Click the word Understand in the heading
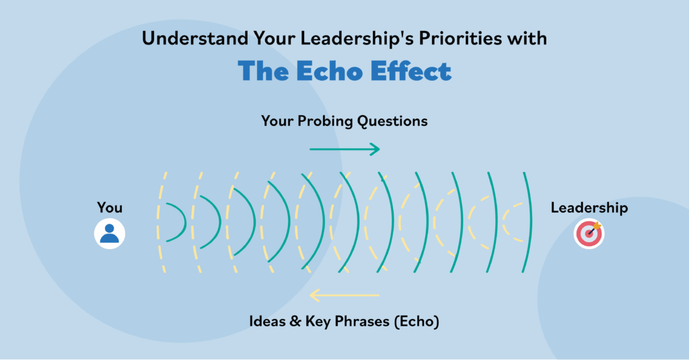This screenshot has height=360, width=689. (195, 38)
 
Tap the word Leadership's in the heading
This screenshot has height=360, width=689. (357, 38)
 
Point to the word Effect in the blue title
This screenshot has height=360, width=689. (410, 71)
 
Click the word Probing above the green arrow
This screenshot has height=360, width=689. (325, 121)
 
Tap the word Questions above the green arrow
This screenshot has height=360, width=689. (392, 121)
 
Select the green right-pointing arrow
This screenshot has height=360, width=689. (344, 149)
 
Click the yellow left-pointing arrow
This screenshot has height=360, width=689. (344, 295)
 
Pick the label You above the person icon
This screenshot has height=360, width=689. (110, 207)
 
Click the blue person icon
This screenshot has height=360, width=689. (110, 233)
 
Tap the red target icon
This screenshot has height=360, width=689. (589, 234)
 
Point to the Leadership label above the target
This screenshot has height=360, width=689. (589, 207)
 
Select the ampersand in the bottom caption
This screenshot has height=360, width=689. (295, 322)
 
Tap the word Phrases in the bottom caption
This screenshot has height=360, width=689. (362, 322)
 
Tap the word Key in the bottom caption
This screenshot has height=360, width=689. (318, 322)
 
